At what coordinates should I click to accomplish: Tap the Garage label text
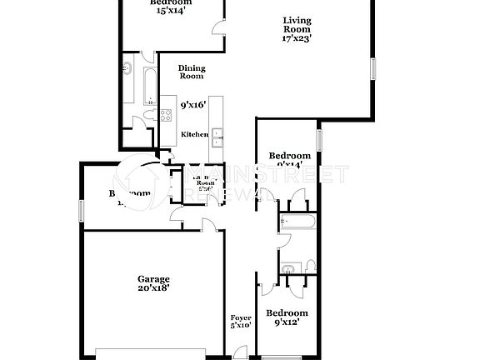tap(153, 279)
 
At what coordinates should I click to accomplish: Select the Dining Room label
tap(192, 72)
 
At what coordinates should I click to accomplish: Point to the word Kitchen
tap(195, 135)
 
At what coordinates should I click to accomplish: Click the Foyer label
tap(240, 318)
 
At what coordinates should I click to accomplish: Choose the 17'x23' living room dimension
tap(297, 37)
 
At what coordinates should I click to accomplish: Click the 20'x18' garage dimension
tap(153, 288)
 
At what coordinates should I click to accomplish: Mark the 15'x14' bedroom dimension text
tap(170, 11)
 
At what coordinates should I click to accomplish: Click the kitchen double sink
tap(217, 137)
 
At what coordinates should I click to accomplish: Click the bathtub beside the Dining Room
tap(151, 86)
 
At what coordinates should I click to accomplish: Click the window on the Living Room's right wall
tap(373, 68)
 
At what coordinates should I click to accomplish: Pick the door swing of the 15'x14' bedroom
tap(218, 24)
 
